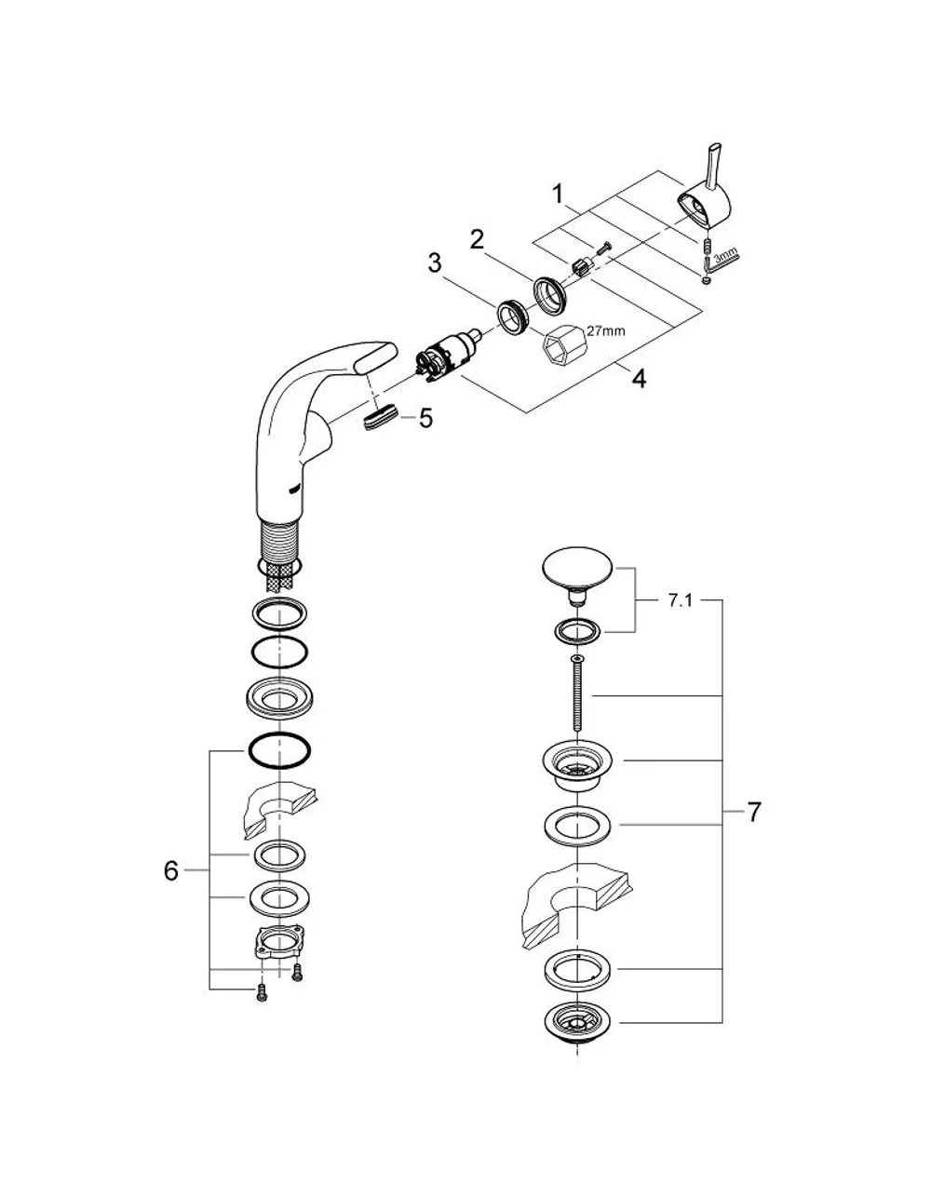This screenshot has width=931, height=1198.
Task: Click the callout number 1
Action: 559,195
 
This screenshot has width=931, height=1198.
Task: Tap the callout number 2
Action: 477,239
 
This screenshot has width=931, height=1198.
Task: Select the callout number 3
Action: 435,263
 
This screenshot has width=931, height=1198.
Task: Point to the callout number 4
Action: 639,379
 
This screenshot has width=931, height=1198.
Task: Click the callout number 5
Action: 425,419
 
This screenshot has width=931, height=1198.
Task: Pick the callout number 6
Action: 171,871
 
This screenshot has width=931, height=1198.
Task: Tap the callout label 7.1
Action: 681,600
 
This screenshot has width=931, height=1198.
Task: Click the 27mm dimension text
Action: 606,330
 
